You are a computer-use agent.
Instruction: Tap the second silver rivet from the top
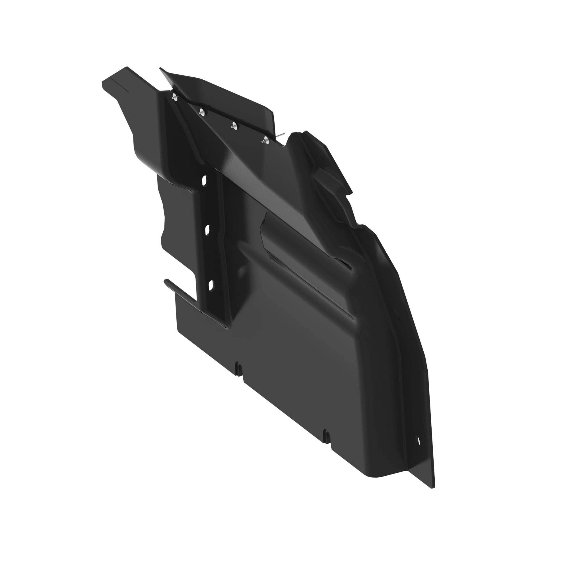(x=202, y=112)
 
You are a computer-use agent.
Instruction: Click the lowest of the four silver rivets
(x=266, y=140)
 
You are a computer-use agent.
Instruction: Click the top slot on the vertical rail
(x=204, y=180)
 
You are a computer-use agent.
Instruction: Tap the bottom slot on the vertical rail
(x=211, y=285)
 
